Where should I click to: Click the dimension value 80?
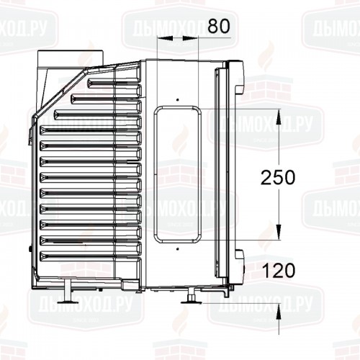[x=217, y=26]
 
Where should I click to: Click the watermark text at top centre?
[x=167, y=30]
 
